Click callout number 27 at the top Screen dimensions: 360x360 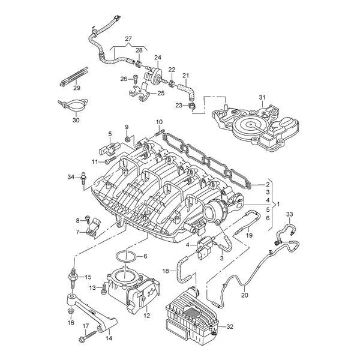(x=128, y=39)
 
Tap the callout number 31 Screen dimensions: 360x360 (x=262, y=98)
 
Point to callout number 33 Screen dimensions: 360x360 (x=289, y=214)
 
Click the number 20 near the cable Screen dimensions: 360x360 (x=245, y=295)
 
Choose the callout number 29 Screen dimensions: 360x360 (x=77, y=88)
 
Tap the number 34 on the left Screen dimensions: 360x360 (x=70, y=176)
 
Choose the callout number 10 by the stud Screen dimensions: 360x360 (x=159, y=122)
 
